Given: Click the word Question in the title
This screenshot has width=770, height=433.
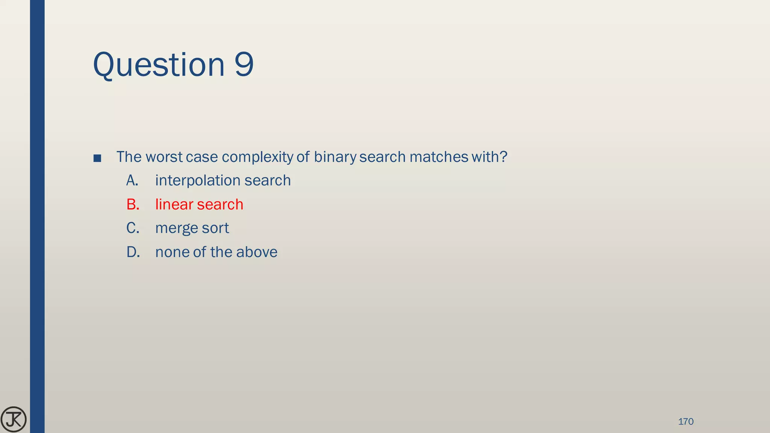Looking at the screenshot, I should (159, 65).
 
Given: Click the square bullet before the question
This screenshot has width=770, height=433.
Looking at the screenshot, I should (97, 158).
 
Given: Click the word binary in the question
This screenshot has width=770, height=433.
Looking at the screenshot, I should (335, 157).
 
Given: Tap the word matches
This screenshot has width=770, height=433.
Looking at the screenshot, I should (436, 157).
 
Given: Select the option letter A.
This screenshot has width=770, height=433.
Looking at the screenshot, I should (132, 180).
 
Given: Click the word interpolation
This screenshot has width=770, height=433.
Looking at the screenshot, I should (197, 180).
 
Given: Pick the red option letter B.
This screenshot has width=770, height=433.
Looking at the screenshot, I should (133, 204).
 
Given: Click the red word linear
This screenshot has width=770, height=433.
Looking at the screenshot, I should (174, 204).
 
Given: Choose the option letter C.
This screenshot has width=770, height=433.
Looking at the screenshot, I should (133, 228).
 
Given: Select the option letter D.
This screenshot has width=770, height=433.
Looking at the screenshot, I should (133, 252).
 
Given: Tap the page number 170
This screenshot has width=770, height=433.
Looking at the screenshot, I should (685, 421).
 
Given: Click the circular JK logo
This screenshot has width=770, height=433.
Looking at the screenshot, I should (14, 419).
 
